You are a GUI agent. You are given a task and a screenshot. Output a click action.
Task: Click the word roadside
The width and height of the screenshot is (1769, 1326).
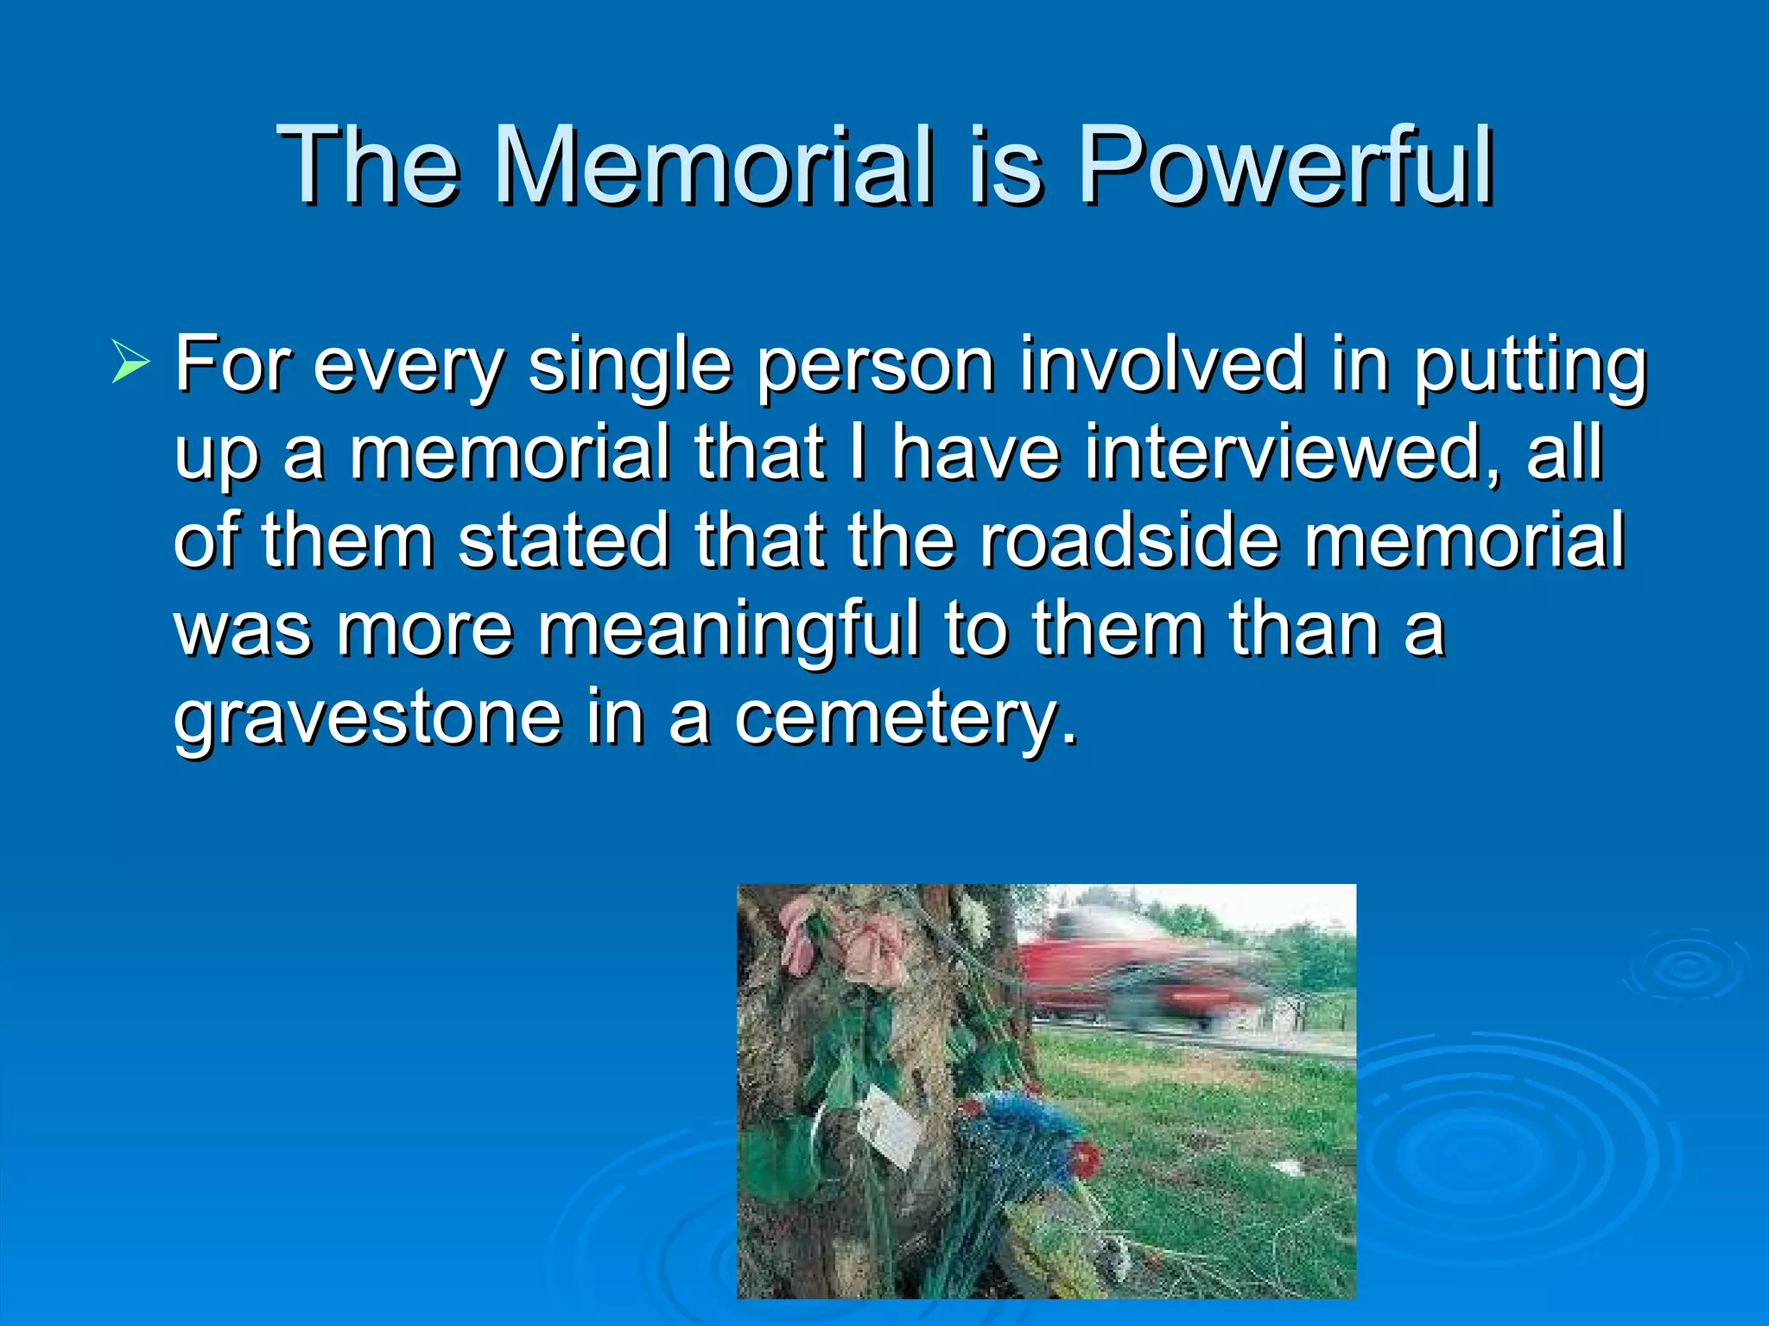pyautogui.click(x=1128, y=540)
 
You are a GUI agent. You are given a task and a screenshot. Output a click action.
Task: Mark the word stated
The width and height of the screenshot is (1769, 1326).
pyautogui.click(x=563, y=540)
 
